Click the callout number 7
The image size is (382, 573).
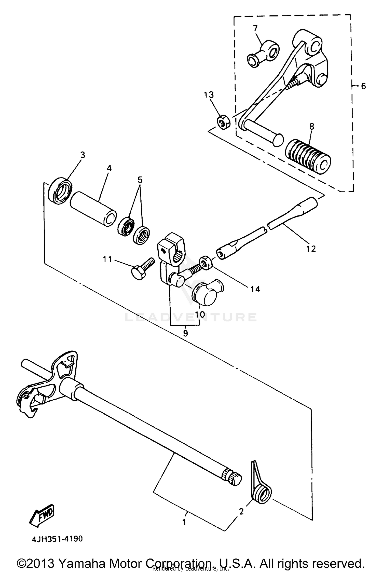coord(255,28)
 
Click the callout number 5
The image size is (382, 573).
coord(140,180)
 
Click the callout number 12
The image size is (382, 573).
coord(311,248)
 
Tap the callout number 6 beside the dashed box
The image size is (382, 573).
coord(363,86)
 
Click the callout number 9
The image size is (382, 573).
coord(185,333)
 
